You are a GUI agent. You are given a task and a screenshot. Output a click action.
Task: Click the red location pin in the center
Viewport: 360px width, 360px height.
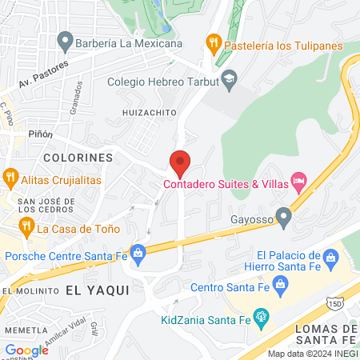(x=180, y=163)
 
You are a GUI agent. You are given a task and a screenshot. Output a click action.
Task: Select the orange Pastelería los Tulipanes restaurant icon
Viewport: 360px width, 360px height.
(x=213, y=42)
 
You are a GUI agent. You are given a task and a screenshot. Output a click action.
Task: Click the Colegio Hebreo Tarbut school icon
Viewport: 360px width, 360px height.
(x=230, y=78)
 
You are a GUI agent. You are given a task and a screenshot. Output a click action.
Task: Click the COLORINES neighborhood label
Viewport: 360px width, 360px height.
(x=78, y=158)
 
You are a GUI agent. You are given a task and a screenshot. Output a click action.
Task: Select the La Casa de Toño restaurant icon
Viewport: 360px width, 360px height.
(x=26, y=227)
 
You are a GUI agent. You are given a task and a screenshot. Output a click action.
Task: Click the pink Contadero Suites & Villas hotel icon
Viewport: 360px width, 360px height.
(x=299, y=181)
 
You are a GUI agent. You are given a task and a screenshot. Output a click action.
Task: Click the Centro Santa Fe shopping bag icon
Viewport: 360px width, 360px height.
(x=280, y=284)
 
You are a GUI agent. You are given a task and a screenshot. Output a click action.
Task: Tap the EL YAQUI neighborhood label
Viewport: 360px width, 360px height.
(x=97, y=290)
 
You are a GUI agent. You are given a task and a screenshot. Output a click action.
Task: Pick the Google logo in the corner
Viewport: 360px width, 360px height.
(x=26, y=350)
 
